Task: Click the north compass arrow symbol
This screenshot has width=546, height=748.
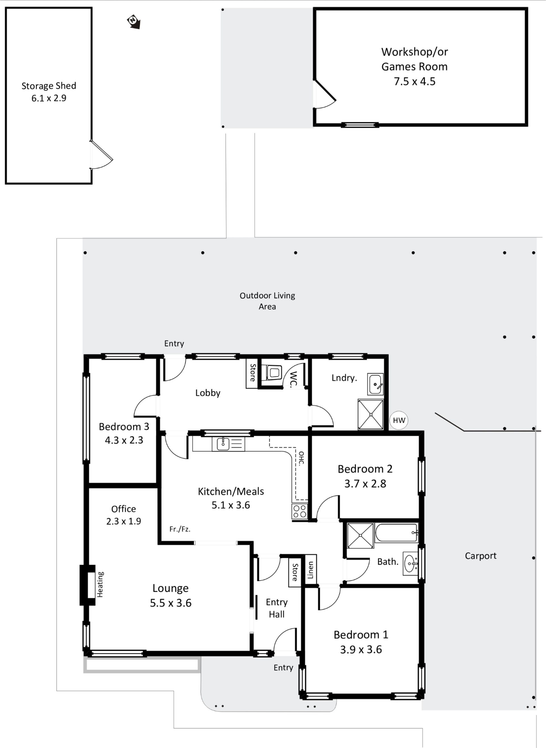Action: pos(134,22)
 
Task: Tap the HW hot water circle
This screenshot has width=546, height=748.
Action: pos(399,420)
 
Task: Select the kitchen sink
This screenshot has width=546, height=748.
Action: pos(223,444)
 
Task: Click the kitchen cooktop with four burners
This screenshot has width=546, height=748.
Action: pos(300,511)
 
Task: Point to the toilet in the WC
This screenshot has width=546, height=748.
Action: pos(274,373)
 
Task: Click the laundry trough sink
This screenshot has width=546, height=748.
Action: pos(375,384)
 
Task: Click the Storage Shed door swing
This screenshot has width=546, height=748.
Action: pos(102,155)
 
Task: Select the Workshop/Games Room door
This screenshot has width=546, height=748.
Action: pos(324,94)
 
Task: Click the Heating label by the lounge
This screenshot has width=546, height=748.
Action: pos(100,585)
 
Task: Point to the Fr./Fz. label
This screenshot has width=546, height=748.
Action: pos(180,529)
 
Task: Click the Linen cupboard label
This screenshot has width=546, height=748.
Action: pos(310,570)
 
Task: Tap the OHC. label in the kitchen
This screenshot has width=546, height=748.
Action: pos(301,458)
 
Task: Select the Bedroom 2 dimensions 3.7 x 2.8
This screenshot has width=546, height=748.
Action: pos(365,484)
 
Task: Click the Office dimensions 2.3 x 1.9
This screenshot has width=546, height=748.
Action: pos(124,521)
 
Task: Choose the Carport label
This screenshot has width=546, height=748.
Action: pos(481,556)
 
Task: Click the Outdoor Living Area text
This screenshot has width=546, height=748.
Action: pos(267,301)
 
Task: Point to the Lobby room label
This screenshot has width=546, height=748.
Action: pos(208,393)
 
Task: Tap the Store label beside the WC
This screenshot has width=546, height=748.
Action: pos(253,373)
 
